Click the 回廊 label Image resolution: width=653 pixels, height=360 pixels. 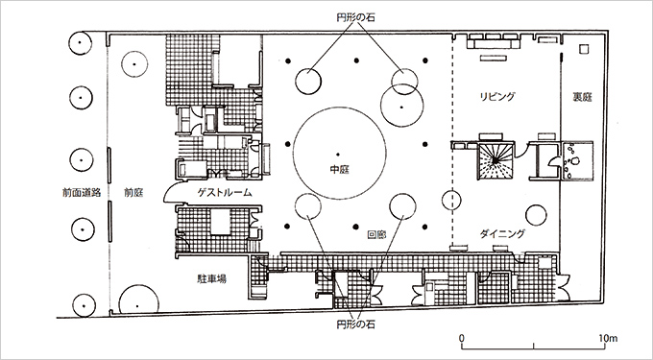[x=376, y=232]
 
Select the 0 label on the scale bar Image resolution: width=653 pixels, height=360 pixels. [x=462, y=339]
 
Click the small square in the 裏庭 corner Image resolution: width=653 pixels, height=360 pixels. [x=585, y=48]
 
